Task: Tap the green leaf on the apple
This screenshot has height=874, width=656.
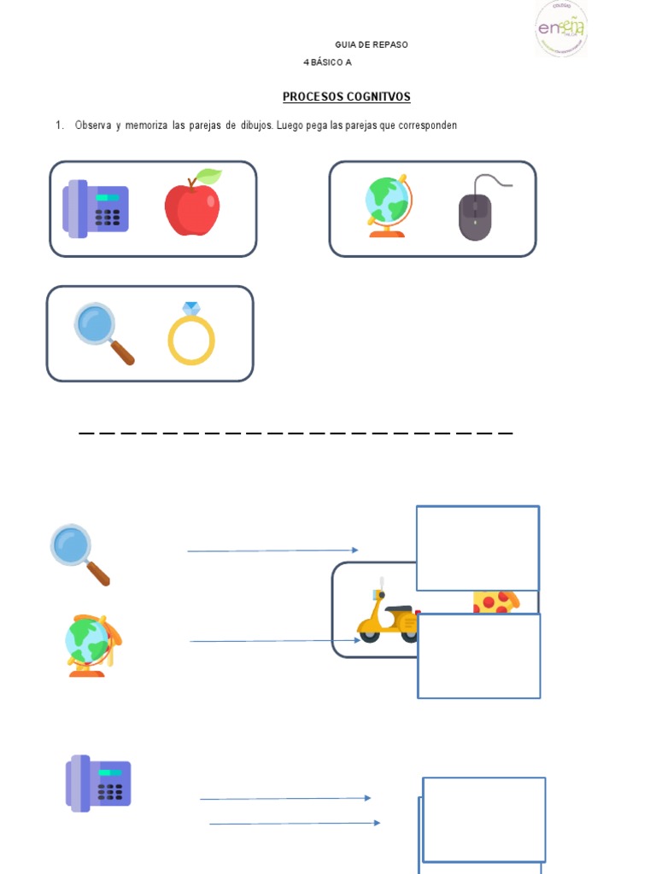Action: click(208, 177)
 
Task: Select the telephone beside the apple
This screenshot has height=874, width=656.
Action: click(95, 208)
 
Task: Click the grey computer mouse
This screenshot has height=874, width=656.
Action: click(475, 217)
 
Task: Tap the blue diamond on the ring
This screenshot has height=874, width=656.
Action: click(190, 308)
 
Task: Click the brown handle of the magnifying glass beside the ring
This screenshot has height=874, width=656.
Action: click(121, 351)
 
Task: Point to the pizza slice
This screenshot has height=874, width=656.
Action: click(495, 601)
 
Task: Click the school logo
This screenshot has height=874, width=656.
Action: click(560, 28)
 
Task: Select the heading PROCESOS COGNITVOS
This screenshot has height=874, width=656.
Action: click(346, 97)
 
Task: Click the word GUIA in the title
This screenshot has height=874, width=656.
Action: click(344, 44)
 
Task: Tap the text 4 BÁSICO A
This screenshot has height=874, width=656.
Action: click(327, 62)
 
